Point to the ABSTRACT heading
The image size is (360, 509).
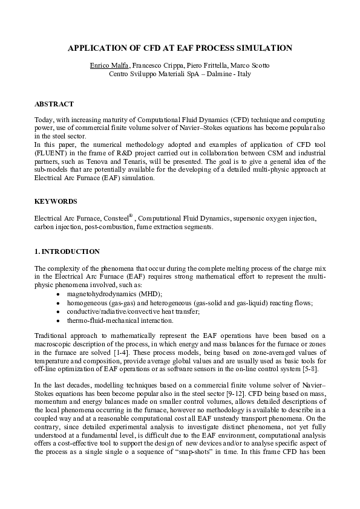click(54, 104)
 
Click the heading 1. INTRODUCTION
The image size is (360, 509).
click(67, 251)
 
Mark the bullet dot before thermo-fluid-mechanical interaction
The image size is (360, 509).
click(57, 320)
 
